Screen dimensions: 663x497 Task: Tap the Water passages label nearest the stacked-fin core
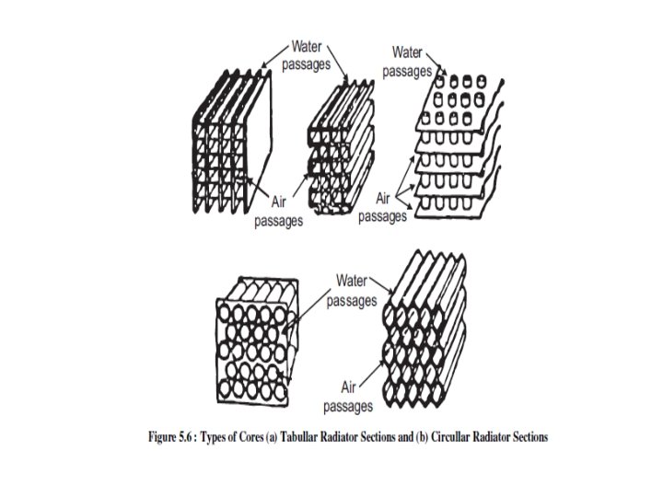tap(407, 61)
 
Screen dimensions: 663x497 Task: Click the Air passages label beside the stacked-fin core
tap(382, 208)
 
